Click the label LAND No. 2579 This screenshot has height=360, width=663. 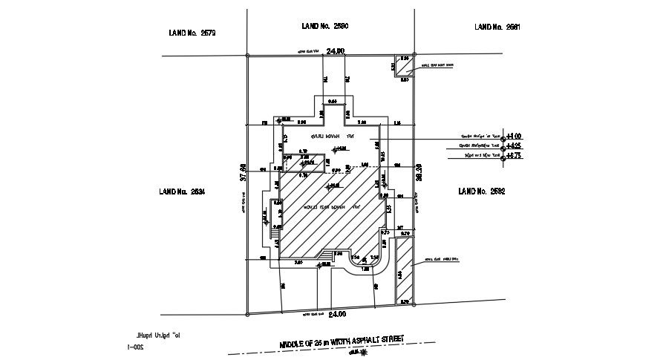[x=193, y=33]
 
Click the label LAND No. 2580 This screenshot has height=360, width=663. [x=325, y=26]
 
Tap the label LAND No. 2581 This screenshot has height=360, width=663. [x=497, y=27]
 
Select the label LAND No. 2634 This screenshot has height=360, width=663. [x=181, y=192]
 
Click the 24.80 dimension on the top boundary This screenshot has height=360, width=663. [x=336, y=51]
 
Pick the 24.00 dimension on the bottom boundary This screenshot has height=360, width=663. [x=336, y=313]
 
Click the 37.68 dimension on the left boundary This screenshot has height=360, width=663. [x=242, y=173]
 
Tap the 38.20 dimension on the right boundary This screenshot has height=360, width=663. [x=418, y=173]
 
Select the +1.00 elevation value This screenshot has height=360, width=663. [x=514, y=137]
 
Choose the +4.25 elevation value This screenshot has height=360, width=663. [x=514, y=147]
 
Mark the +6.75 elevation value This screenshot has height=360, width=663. [x=514, y=157]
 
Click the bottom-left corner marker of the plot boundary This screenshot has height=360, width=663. [x=248, y=312]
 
